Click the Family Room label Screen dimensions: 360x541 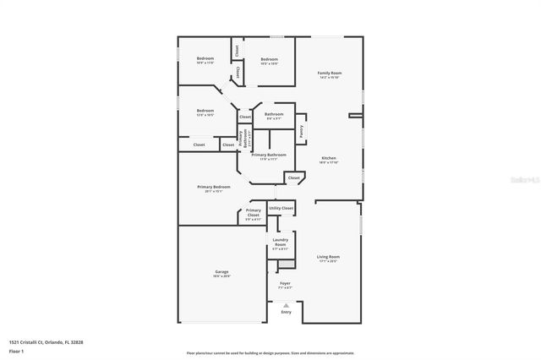[x=329, y=74]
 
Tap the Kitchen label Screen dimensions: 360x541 [x=329, y=158]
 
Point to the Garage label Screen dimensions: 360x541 [x=221, y=271]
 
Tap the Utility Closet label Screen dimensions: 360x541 [x=281, y=208]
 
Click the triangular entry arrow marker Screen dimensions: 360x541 [x=286, y=304]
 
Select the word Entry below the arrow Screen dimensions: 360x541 [x=286, y=311]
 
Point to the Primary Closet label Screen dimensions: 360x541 [x=254, y=213]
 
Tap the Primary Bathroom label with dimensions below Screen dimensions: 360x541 [x=269, y=155]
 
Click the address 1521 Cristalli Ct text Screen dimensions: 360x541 [x=46, y=341]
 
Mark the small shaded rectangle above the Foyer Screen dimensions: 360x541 [x=285, y=265]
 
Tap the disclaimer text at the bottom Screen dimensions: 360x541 [x=270, y=352]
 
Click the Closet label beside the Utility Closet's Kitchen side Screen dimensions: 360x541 [x=293, y=178]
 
